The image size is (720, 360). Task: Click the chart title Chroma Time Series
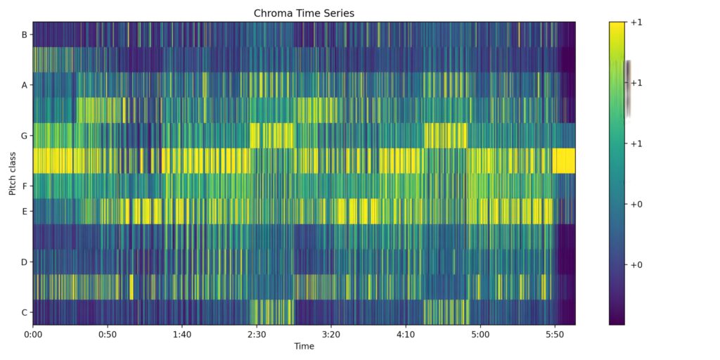[304, 13]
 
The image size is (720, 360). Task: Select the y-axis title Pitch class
[13, 173]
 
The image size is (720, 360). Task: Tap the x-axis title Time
[304, 346]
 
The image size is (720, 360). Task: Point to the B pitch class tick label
[25, 34]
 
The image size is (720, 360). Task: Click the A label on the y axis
[25, 85]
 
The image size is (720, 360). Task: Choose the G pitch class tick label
[25, 136]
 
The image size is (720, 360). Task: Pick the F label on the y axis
[25, 186]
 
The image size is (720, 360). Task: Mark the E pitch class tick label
[25, 212]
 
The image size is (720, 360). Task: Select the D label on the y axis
[25, 262]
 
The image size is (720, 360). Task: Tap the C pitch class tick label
[25, 313]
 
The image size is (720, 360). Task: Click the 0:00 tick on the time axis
[33, 335]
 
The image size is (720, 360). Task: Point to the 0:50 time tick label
[108, 335]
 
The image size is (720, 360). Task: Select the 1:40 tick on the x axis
[182, 335]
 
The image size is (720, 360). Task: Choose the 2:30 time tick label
[257, 335]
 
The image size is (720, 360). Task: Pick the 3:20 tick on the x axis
[331, 335]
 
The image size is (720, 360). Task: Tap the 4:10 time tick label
[406, 335]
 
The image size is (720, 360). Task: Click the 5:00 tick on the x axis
[480, 335]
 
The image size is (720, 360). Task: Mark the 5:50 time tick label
[555, 335]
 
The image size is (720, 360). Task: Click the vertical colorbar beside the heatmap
[617, 173]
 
